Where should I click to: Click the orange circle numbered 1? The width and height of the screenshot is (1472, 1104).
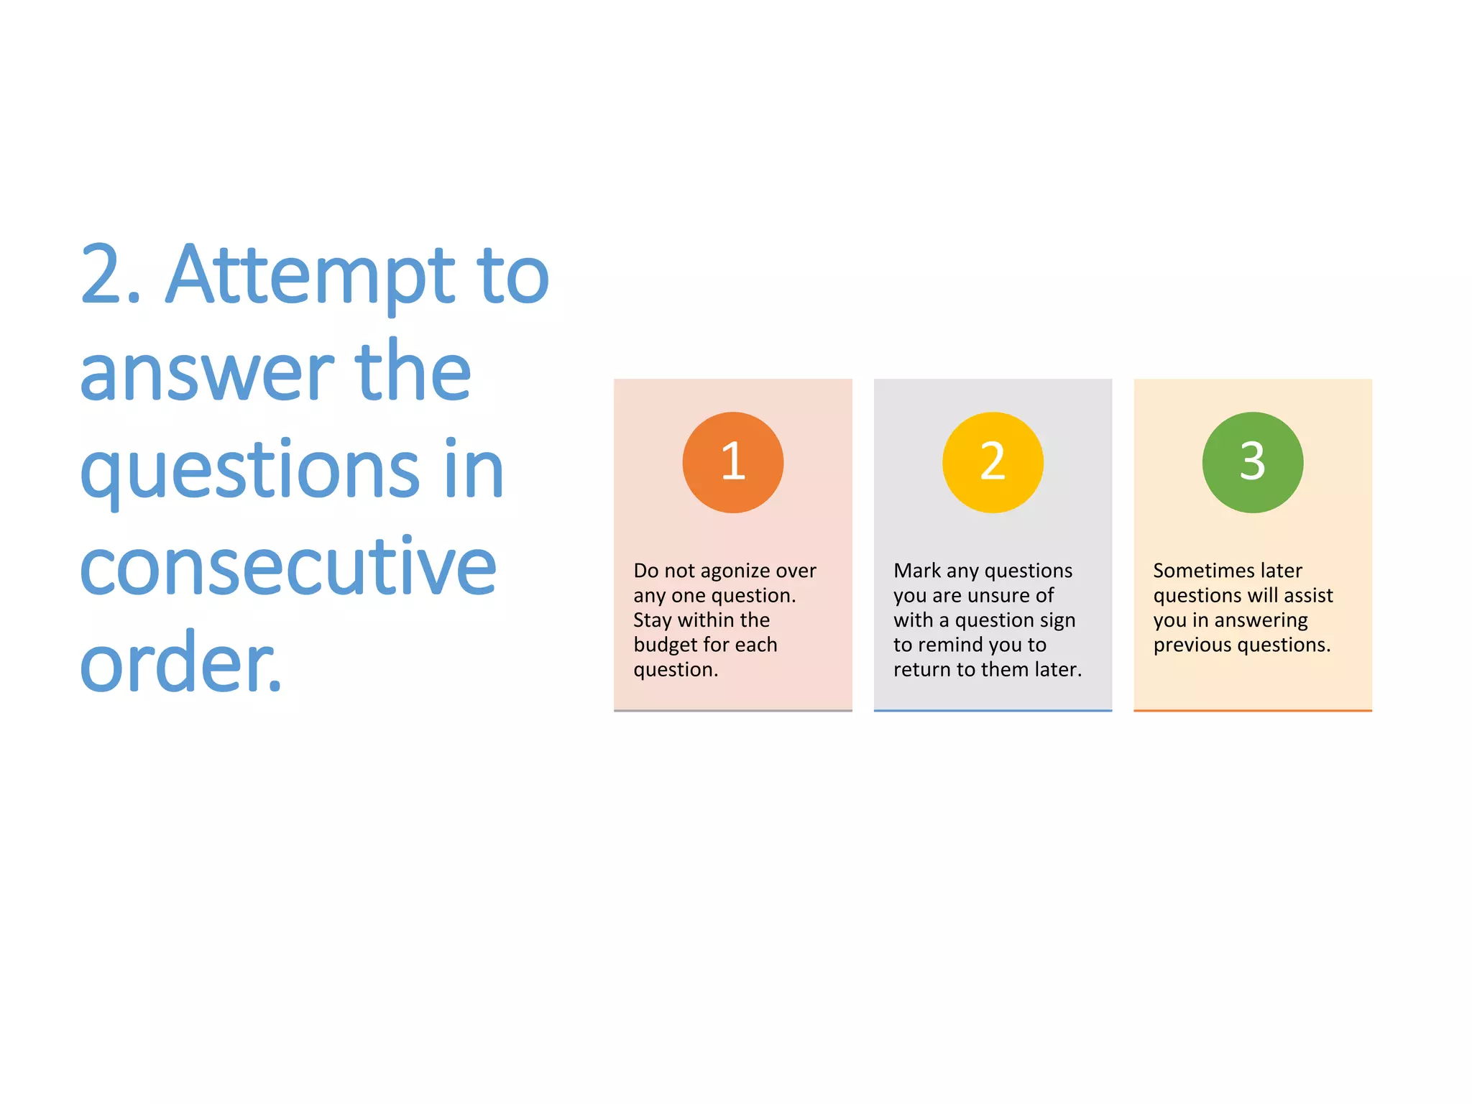click(x=732, y=462)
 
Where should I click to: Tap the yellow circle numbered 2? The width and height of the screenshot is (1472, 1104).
click(x=993, y=462)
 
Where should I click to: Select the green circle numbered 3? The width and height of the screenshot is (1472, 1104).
click(x=1252, y=462)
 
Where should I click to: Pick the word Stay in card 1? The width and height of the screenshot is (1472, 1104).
click(x=652, y=620)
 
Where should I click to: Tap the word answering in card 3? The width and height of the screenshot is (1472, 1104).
click(x=1261, y=621)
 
